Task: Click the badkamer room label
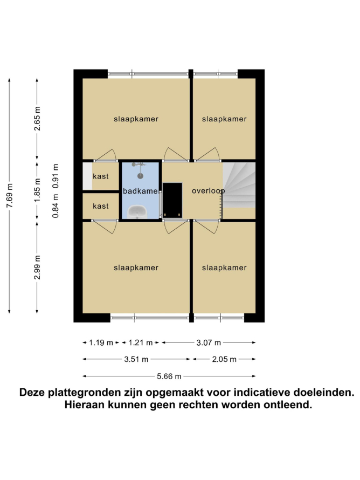141,191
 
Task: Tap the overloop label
208,191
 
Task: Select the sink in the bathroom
137,212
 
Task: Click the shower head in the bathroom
141,176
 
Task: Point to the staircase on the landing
239,185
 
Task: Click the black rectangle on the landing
172,200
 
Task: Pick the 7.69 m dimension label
10,196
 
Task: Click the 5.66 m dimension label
169,376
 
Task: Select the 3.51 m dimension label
136,359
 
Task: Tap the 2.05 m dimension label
224,359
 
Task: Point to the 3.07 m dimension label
209,343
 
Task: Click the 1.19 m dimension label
101,343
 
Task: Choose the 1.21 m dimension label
141,343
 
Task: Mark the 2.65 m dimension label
37,119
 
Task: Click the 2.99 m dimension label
37,268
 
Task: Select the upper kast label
101,176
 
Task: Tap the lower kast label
101,207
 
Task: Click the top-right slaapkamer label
224,119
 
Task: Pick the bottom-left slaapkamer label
136,268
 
